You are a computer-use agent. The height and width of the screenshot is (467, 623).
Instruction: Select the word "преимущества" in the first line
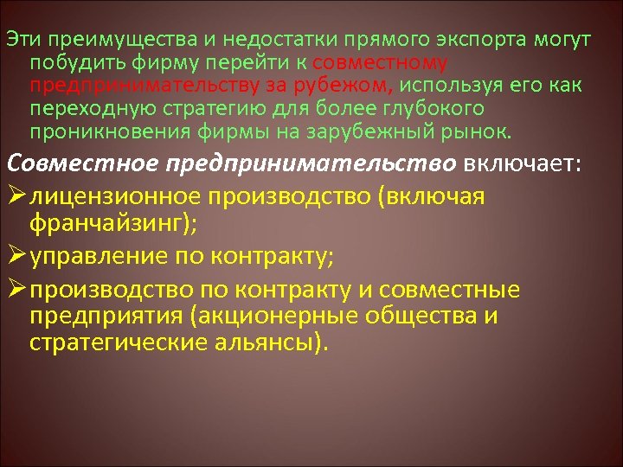coord(95,42)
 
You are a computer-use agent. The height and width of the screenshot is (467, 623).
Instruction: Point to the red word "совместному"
coord(381,64)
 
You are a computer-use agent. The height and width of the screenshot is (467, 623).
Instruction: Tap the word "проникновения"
coord(96,132)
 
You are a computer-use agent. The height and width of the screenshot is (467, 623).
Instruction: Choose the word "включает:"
coord(511,164)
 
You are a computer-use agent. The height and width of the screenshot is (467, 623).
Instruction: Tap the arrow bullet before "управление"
coord(16,257)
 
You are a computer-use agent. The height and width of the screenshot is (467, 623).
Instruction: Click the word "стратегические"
coord(112,343)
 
